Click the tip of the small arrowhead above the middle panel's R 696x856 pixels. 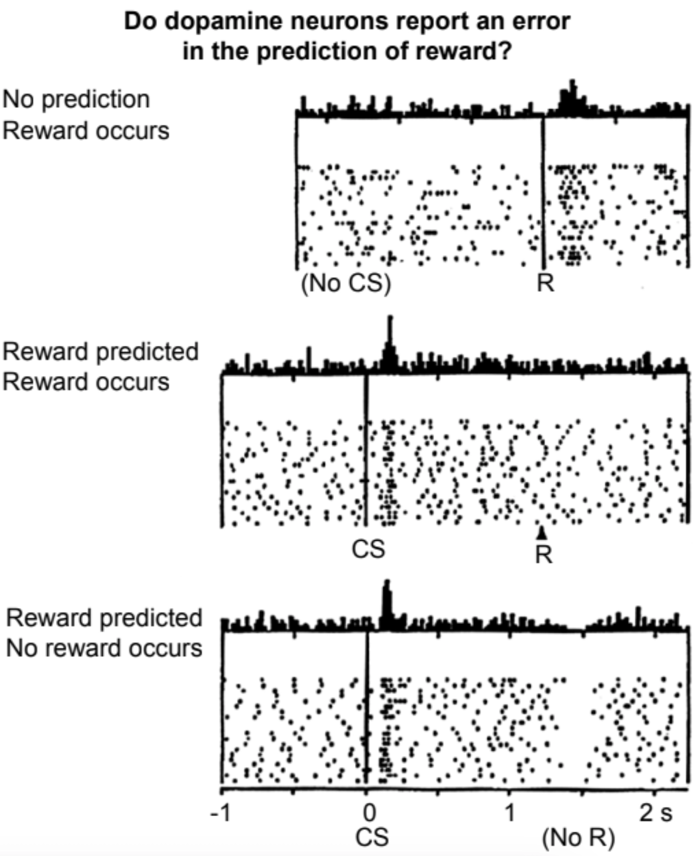coord(542,527)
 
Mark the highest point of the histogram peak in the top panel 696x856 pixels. coord(572,80)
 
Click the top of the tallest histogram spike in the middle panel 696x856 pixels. coord(390,316)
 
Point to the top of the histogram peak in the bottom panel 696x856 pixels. coord(386,580)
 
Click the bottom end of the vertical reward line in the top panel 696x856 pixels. coord(543,269)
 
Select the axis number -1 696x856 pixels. coord(221,813)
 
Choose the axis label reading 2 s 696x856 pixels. coord(656,813)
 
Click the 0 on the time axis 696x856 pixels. coord(369,813)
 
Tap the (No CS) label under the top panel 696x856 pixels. coord(346,284)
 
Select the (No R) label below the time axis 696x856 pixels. coord(579,838)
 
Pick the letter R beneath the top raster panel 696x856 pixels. coord(545,283)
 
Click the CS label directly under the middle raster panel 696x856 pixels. coord(368,548)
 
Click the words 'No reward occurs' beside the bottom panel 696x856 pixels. coord(104,648)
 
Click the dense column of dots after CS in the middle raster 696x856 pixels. coord(388,472)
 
